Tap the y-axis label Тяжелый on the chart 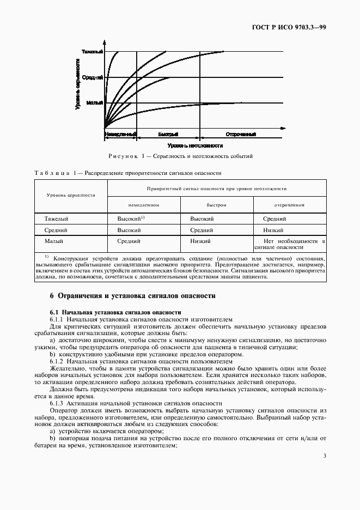(92, 52)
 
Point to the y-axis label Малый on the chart (95, 102)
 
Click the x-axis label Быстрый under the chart (168, 133)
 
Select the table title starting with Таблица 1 (127, 173)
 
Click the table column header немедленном (144, 205)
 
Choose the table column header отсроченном (289, 205)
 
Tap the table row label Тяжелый (56, 218)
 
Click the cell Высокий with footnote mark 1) (131, 218)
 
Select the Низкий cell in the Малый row (200, 240)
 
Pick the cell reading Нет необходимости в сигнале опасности (289, 244)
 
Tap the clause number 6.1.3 (57, 402)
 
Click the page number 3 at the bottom (324, 456)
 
